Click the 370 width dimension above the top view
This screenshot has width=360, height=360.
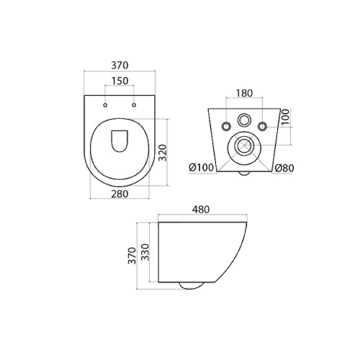[x=120, y=63]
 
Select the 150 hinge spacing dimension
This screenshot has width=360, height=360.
[x=120, y=81]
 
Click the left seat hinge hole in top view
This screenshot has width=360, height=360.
[x=105, y=105]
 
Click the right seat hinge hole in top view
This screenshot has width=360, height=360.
[x=134, y=105]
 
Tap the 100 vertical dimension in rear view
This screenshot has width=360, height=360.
[x=286, y=117]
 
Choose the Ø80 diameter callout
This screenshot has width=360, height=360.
[x=285, y=168]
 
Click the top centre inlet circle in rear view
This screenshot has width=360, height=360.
[x=244, y=120]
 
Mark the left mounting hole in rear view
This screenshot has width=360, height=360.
[x=228, y=127]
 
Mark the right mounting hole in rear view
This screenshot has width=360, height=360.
[x=261, y=127]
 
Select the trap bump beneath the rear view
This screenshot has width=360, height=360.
[x=243, y=174]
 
